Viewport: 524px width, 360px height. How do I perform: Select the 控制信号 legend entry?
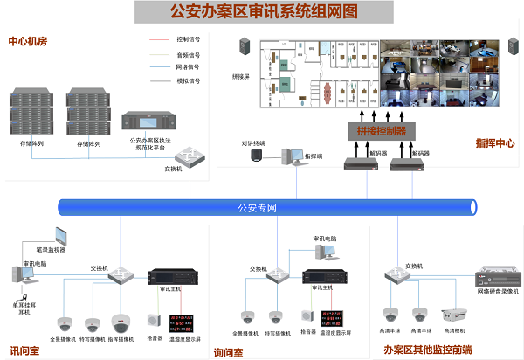tap(188, 39)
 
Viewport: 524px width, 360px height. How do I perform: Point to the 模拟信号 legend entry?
tap(188, 80)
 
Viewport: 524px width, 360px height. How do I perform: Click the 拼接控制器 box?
tap(381, 131)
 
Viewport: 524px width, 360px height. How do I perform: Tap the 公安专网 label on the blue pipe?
tap(257, 208)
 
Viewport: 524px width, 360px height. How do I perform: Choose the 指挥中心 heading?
tap(494, 142)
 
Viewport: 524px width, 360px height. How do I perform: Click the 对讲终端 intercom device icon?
tap(257, 155)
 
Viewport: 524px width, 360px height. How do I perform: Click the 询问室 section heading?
tap(228, 352)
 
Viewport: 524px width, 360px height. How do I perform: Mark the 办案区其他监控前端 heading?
tap(427, 350)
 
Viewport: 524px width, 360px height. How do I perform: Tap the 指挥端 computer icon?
tap(288, 156)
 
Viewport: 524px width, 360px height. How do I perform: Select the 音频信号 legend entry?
tap(188, 52)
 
